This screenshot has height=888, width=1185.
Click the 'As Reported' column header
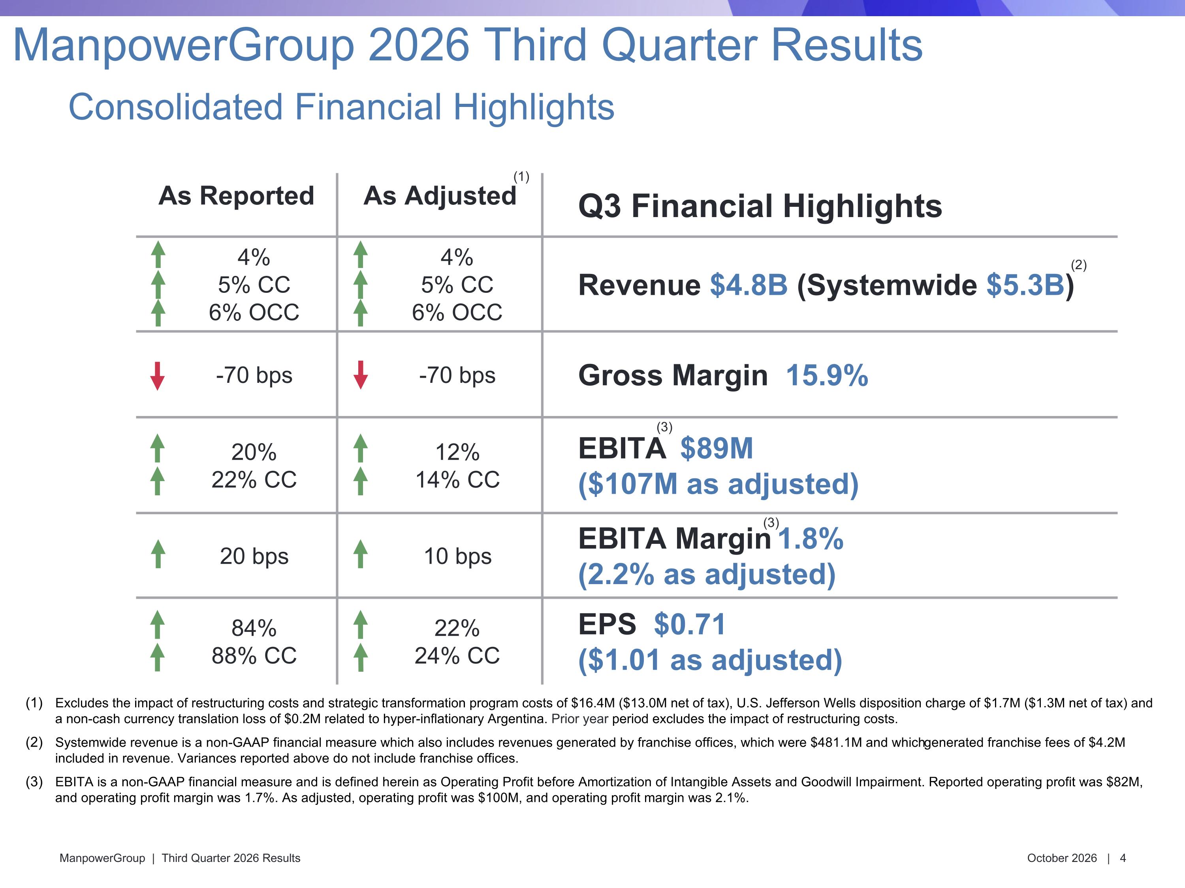point(236,196)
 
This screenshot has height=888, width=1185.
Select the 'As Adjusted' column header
point(440,196)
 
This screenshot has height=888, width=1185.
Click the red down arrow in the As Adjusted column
point(361,375)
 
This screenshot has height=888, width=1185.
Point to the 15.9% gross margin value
point(827,375)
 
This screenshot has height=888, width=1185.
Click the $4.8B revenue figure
point(749,285)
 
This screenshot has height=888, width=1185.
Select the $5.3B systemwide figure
point(1025,285)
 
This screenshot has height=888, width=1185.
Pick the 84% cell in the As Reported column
point(254,628)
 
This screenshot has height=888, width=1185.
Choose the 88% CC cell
point(254,656)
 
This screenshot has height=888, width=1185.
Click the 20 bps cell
point(254,556)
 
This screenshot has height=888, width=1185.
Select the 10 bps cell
point(457,556)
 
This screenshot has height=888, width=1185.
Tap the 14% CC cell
point(457,480)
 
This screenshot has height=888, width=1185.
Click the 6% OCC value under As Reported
point(254,312)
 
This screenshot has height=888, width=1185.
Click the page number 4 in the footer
point(1123,858)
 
